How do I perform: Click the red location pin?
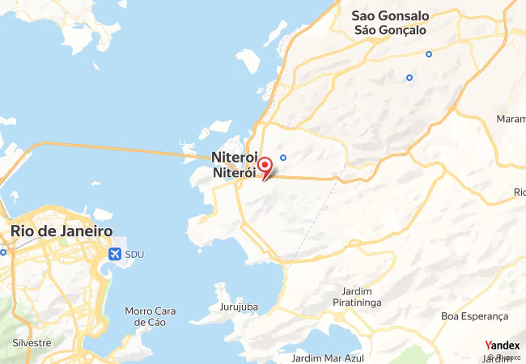pos(264,167)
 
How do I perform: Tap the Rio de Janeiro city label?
pos(62,231)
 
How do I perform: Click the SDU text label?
pos(134,254)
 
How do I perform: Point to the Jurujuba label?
pos(237,307)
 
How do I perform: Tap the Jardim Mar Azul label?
pos(329,358)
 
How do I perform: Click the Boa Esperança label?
pos(473,315)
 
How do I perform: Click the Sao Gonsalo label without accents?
pos(390,15)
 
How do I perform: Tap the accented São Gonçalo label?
pos(390,30)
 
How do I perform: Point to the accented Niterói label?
pos(234,173)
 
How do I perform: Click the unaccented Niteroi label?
pos(234,158)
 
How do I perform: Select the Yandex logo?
pos(502,345)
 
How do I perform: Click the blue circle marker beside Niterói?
pos(283,157)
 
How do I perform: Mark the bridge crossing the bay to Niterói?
pos(113,147)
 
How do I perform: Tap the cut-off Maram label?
pos(511,119)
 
